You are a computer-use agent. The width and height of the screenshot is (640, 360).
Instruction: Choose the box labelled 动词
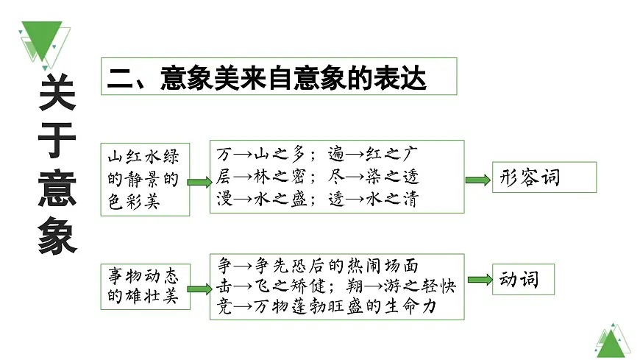(522, 279)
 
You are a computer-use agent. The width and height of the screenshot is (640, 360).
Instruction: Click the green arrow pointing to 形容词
(477, 179)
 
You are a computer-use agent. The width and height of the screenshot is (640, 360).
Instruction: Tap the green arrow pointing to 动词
(479, 279)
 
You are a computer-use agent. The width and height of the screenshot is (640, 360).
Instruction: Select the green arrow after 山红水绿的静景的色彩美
(198, 181)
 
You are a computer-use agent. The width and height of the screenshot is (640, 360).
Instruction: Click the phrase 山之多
(279, 155)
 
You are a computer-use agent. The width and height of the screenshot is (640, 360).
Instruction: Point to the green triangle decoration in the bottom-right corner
(613, 340)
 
